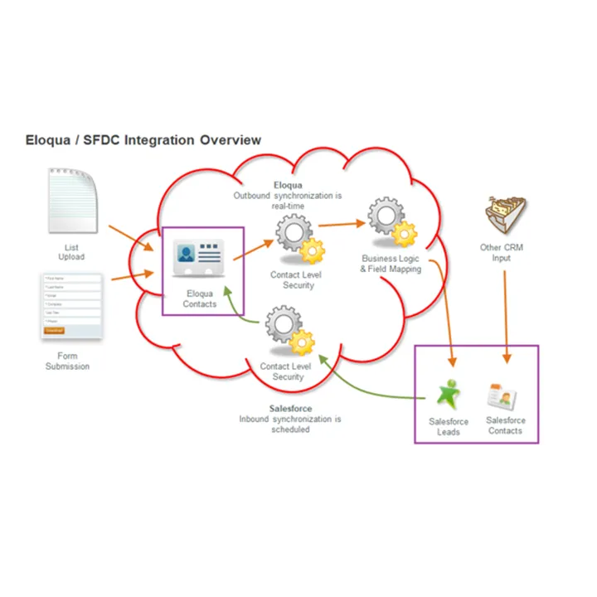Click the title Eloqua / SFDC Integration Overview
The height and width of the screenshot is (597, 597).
143,140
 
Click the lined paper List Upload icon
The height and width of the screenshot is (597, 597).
73,200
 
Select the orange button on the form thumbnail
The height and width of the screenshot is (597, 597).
54,331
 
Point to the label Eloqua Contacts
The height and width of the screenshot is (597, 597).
199,298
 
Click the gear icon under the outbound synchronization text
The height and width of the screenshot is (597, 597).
296,237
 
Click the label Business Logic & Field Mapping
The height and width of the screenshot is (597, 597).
391,264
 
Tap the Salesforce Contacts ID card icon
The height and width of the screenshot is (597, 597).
502,397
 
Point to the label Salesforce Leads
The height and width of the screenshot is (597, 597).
449,426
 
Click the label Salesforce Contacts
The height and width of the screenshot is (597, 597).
505,425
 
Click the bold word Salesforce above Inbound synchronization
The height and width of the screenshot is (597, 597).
290,409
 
